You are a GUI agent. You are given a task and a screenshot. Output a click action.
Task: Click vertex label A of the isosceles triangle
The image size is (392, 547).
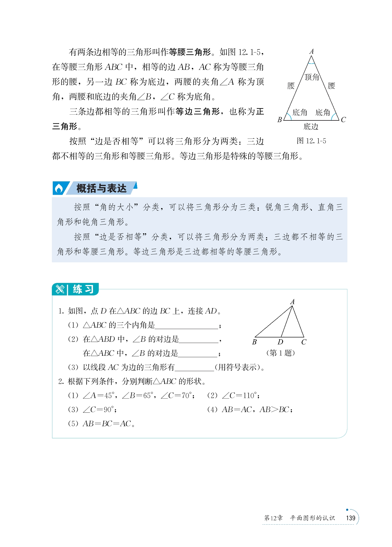pyautogui.click(x=311, y=52)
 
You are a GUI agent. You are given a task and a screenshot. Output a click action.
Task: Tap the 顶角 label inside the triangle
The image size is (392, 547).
pyautogui.click(x=311, y=77)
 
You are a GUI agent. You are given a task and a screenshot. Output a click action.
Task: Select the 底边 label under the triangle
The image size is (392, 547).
pyautogui.click(x=311, y=127)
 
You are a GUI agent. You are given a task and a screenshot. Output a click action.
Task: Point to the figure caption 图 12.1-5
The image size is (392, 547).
pyautogui.click(x=311, y=141)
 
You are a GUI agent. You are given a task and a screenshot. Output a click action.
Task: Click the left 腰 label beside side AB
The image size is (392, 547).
pyautogui.click(x=291, y=86)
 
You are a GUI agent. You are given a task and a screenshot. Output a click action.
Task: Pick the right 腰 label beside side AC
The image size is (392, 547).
pyautogui.click(x=331, y=86)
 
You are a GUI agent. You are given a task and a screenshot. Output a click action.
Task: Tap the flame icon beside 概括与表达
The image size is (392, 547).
pyautogui.click(x=59, y=189)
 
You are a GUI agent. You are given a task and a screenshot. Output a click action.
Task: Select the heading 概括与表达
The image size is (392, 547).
pyautogui.click(x=101, y=189)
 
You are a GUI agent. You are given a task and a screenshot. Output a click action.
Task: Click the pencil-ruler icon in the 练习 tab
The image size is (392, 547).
pyautogui.click(x=60, y=289)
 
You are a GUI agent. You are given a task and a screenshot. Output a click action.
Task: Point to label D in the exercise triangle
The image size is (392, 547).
pyautogui.click(x=280, y=342)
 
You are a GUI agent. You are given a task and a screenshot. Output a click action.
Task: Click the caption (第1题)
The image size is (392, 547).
pyautogui.click(x=280, y=353)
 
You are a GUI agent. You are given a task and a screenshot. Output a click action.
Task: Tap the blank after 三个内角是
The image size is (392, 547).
pyautogui.click(x=187, y=326)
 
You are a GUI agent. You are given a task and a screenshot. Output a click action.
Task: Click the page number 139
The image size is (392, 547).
pyautogui.click(x=351, y=518)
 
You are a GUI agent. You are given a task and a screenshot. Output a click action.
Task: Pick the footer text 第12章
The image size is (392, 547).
pyautogui.click(x=273, y=518)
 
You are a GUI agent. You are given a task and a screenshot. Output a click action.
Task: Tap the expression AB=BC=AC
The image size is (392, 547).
pyautogui.click(x=107, y=424)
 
